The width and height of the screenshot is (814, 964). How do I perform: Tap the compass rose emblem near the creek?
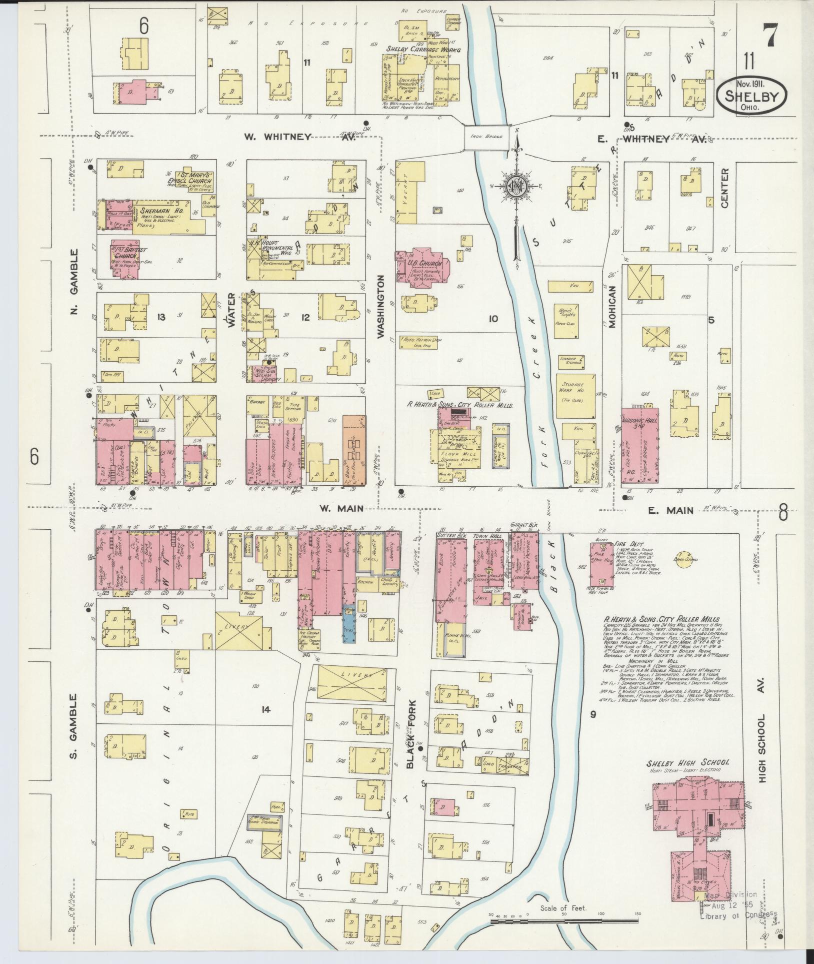pos(515,186)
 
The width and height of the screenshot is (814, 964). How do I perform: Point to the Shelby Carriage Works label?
pos(422,50)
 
